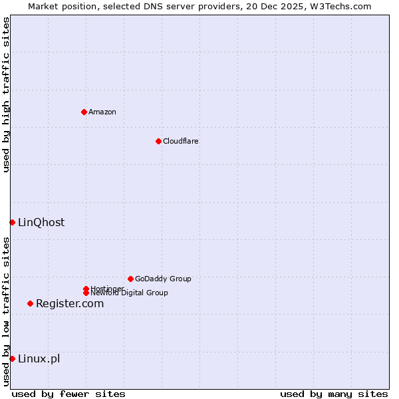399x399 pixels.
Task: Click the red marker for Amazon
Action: click(x=84, y=112)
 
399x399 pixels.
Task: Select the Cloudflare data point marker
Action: click(x=158, y=141)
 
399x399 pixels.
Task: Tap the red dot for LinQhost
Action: click(x=12, y=222)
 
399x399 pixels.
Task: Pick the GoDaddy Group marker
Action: click(x=130, y=279)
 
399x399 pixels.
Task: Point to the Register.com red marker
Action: click(x=30, y=303)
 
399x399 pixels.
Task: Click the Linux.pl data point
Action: click(x=12, y=358)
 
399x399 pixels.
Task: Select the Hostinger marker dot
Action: click(x=86, y=289)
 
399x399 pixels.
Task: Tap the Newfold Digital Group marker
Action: click(x=86, y=293)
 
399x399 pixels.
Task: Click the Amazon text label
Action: click(x=102, y=112)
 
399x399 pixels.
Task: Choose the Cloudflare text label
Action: click(x=181, y=141)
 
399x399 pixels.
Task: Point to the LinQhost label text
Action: click(x=41, y=222)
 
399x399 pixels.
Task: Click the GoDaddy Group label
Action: click(x=163, y=279)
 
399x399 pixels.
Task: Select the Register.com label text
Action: click(x=70, y=303)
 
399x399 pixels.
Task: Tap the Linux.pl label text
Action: click(x=39, y=358)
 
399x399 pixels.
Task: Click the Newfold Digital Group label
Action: click(x=130, y=293)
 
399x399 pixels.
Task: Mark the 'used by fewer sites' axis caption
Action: click(x=68, y=394)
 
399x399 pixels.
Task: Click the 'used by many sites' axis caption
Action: click(x=334, y=394)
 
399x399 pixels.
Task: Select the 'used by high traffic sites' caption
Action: click(x=6, y=94)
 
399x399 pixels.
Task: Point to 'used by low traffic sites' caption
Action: click(x=6, y=311)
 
